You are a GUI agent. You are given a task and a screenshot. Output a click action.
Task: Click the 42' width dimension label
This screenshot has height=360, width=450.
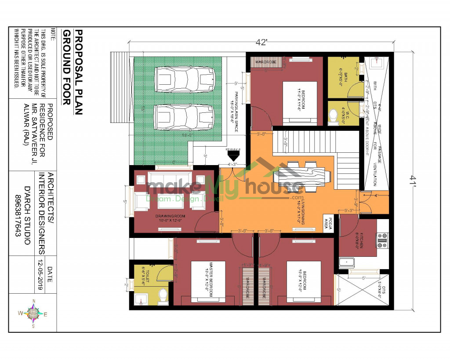tap(261, 43)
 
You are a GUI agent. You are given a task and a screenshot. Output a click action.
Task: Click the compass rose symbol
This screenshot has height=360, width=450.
tap(33, 313)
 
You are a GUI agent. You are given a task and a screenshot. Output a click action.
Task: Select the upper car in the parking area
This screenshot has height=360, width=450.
tap(185, 80)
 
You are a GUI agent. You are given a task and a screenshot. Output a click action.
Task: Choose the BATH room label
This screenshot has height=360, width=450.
tap(341, 76)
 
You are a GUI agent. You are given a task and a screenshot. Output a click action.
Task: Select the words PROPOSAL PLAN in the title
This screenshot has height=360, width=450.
tap(78, 72)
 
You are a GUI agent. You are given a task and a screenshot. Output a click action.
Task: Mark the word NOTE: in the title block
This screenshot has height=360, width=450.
tap(53, 36)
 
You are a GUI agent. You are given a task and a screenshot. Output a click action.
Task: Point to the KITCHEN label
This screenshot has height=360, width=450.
tap(360, 241)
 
